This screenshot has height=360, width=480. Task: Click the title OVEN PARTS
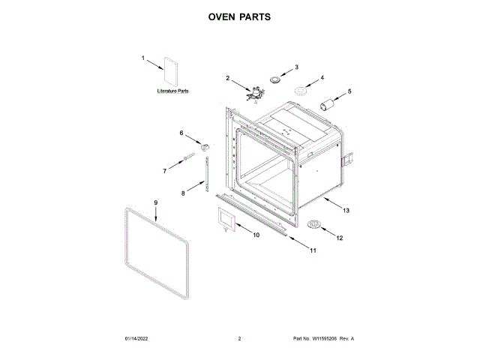point(239,16)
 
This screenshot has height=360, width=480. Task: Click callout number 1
point(143,57)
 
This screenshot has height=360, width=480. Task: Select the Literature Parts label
point(172,91)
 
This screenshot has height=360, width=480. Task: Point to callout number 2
point(228,77)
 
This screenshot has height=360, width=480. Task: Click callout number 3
point(296,66)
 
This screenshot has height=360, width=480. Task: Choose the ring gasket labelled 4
point(301,91)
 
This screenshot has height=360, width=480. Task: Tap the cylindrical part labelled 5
point(327,103)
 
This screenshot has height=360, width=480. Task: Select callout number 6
point(181,133)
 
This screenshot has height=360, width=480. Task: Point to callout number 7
point(164,171)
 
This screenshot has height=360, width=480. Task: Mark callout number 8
point(182,193)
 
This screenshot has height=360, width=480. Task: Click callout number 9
point(155,202)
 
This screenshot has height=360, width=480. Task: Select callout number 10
point(256,235)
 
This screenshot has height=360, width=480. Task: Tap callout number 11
point(313,250)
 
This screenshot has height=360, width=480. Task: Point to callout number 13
point(346,211)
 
